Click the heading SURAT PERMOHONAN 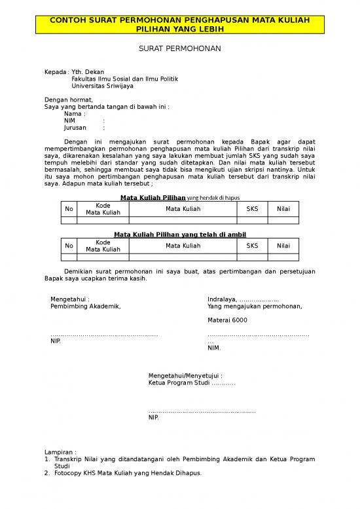coord(180,49)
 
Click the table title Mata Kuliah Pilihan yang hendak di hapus coord(179,197)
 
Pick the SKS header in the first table coord(252,209)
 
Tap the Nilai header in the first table coord(283,209)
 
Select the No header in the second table coord(69,246)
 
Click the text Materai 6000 coord(227,320)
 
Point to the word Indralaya coord(223,299)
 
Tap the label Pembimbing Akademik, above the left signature coord(86,306)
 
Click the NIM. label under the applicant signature coord(214,348)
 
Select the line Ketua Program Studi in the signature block coord(191,383)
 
